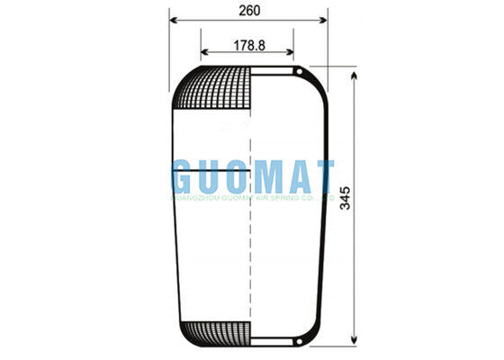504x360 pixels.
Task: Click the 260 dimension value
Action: pyautogui.click(x=248, y=11)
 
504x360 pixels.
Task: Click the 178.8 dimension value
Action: pyautogui.click(x=248, y=45)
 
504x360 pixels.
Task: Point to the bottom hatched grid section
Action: pyautogui.click(x=213, y=331)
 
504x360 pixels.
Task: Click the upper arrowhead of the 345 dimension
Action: pyautogui.click(x=356, y=75)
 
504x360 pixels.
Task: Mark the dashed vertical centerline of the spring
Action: pyautogui.click(x=248, y=252)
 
